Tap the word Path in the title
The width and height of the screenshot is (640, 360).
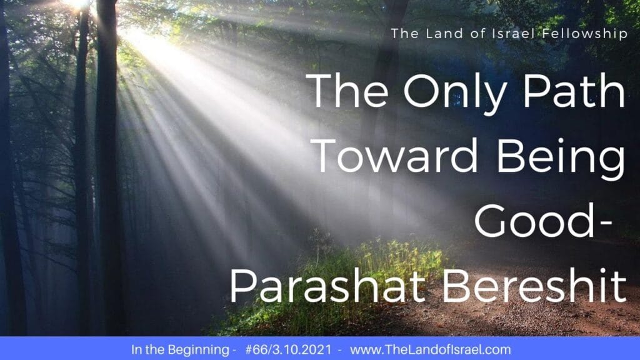pos(574,91)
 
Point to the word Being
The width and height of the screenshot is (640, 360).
pos(561,159)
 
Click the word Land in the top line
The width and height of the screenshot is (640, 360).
pos(443,34)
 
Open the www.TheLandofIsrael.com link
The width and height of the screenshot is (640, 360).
pos(430,350)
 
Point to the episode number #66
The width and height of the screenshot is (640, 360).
pos(254,350)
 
